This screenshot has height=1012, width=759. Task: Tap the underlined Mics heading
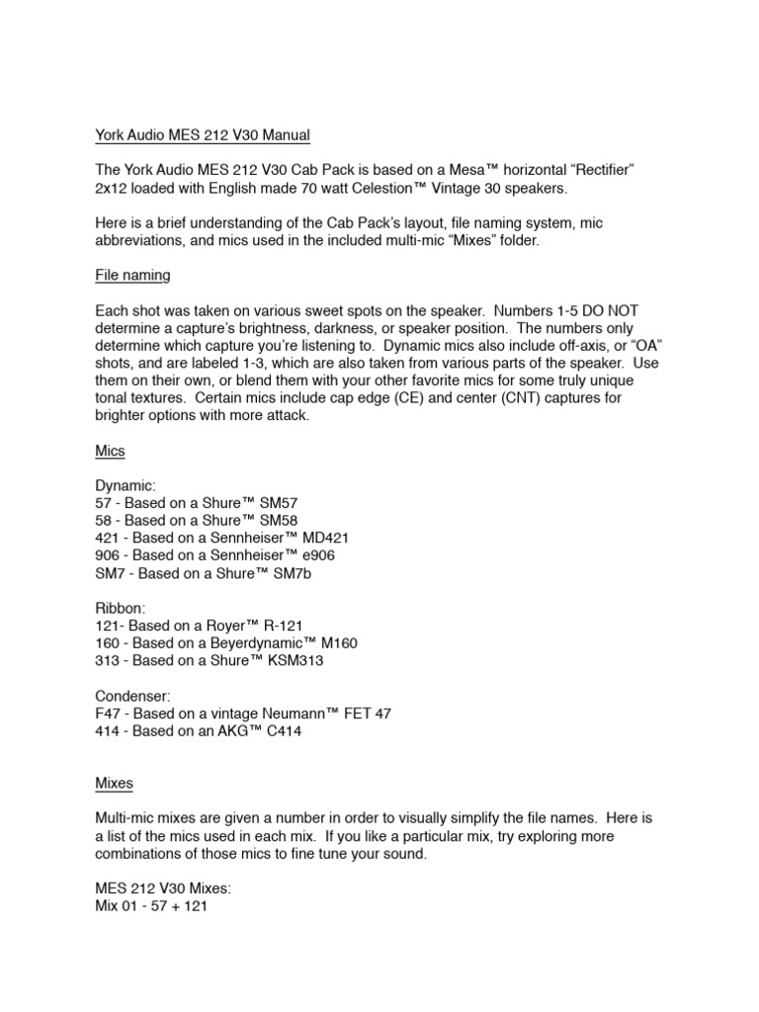110,452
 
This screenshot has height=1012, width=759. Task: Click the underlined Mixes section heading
114,784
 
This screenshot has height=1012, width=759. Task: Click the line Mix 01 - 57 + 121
151,906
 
